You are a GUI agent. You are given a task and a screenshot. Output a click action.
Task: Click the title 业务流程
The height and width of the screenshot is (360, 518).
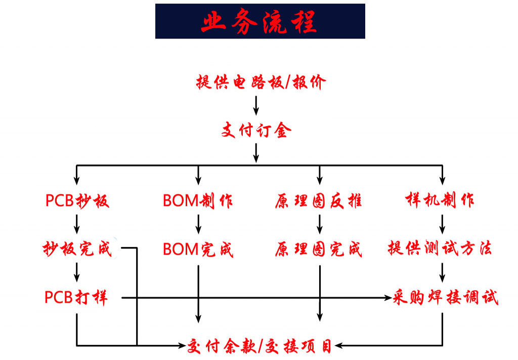click(x=260, y=22)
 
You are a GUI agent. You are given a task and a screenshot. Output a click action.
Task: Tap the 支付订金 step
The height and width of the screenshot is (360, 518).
click(x=256, y=131)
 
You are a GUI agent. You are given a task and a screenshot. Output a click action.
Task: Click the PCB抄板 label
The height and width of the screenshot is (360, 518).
click(x=77, y=201)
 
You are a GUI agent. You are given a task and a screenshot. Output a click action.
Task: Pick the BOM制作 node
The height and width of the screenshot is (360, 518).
click(x=198, y=201)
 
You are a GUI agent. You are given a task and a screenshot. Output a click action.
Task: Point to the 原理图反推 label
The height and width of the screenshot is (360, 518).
click(x=319, y=201)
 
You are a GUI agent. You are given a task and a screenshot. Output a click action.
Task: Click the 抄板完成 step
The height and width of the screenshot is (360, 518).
click(x=77, y=249)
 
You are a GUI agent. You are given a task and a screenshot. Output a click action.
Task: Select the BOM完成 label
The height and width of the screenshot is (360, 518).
click(x=198, y=250)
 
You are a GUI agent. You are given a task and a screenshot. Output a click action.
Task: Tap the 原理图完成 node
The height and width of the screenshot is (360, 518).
click(x=319, y=250)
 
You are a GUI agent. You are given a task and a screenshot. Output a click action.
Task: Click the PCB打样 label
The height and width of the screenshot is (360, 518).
click(x=76, y=297)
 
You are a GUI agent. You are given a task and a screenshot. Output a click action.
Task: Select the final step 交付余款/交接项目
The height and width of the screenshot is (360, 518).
click(x=260, y=346)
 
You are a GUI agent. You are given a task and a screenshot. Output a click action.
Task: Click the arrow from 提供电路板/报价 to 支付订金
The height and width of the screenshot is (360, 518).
click(x=256, y=105)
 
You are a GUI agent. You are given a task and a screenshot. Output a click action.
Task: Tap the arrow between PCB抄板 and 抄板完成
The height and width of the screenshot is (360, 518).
click(x=77, y=224)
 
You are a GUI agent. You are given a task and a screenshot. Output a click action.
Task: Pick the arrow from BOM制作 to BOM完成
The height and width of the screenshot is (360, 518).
click(x=198, y=224)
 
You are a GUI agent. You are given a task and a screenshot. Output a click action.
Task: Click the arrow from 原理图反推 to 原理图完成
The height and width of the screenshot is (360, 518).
click(x=319, y=224)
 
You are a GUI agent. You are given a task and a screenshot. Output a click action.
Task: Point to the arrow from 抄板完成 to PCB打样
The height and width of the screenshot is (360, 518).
click(x=77, y=272)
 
